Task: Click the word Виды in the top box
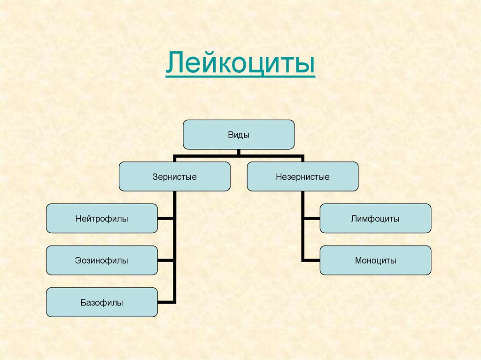coord(239,135)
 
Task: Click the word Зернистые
coord(174,177)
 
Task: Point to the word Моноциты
coord(375,260)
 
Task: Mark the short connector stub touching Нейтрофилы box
coord(166,218)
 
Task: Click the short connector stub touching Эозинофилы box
coord(166,260)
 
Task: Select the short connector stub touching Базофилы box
coord(166,302)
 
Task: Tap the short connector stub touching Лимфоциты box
coord(311,218)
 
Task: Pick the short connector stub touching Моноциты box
coord(311,260)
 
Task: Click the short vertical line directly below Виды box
coord(239,152)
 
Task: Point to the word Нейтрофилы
coord(101,219)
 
